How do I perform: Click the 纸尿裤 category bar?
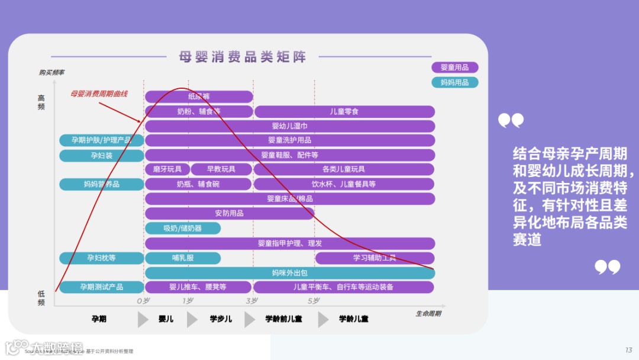tap(199, 97)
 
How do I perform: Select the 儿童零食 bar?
tap(344, 111)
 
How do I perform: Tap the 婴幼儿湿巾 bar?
tap(290, 126)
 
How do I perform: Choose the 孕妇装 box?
tap(101, 156)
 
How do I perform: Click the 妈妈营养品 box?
tap(101, 184)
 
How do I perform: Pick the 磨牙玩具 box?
tap(167, 169)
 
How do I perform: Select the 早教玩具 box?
tap(221, 169)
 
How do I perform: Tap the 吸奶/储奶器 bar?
tap(182, 228)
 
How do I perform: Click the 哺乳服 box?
tap(182, 258)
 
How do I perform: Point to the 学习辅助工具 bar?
tap(375, 258)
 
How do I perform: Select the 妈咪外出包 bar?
tap(290, 273)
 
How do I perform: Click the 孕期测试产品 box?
tap(101, 287)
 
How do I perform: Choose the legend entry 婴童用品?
tap(454, 67)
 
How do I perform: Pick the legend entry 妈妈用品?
tap(454, 82)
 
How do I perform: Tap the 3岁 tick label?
tap(252, 301)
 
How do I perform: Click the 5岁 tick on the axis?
tap(314, 301)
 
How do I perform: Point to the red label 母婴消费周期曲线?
tap(99, 94)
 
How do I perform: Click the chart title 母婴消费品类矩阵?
tap(243, 57)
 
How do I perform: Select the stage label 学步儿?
tap(221, 319)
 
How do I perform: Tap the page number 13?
tap(628, 350)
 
